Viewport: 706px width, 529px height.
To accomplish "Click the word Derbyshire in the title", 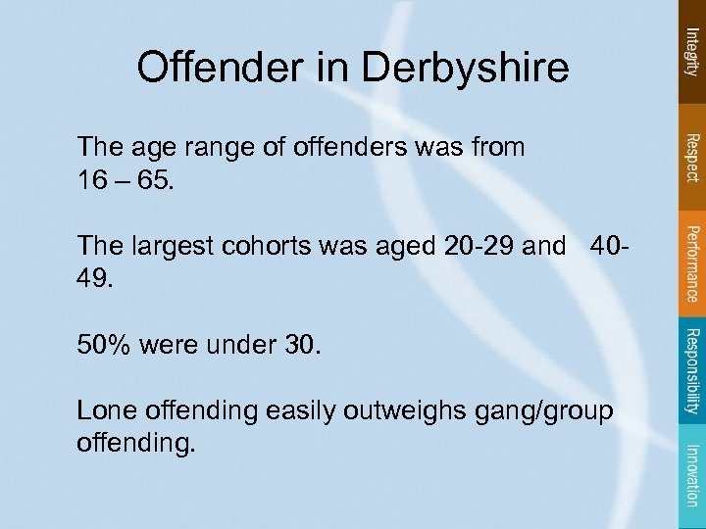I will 467,68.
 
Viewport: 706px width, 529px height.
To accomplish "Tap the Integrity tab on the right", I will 692,54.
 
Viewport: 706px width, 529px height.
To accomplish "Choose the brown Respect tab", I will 692,157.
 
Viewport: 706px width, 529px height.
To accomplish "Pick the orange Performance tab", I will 692,264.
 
